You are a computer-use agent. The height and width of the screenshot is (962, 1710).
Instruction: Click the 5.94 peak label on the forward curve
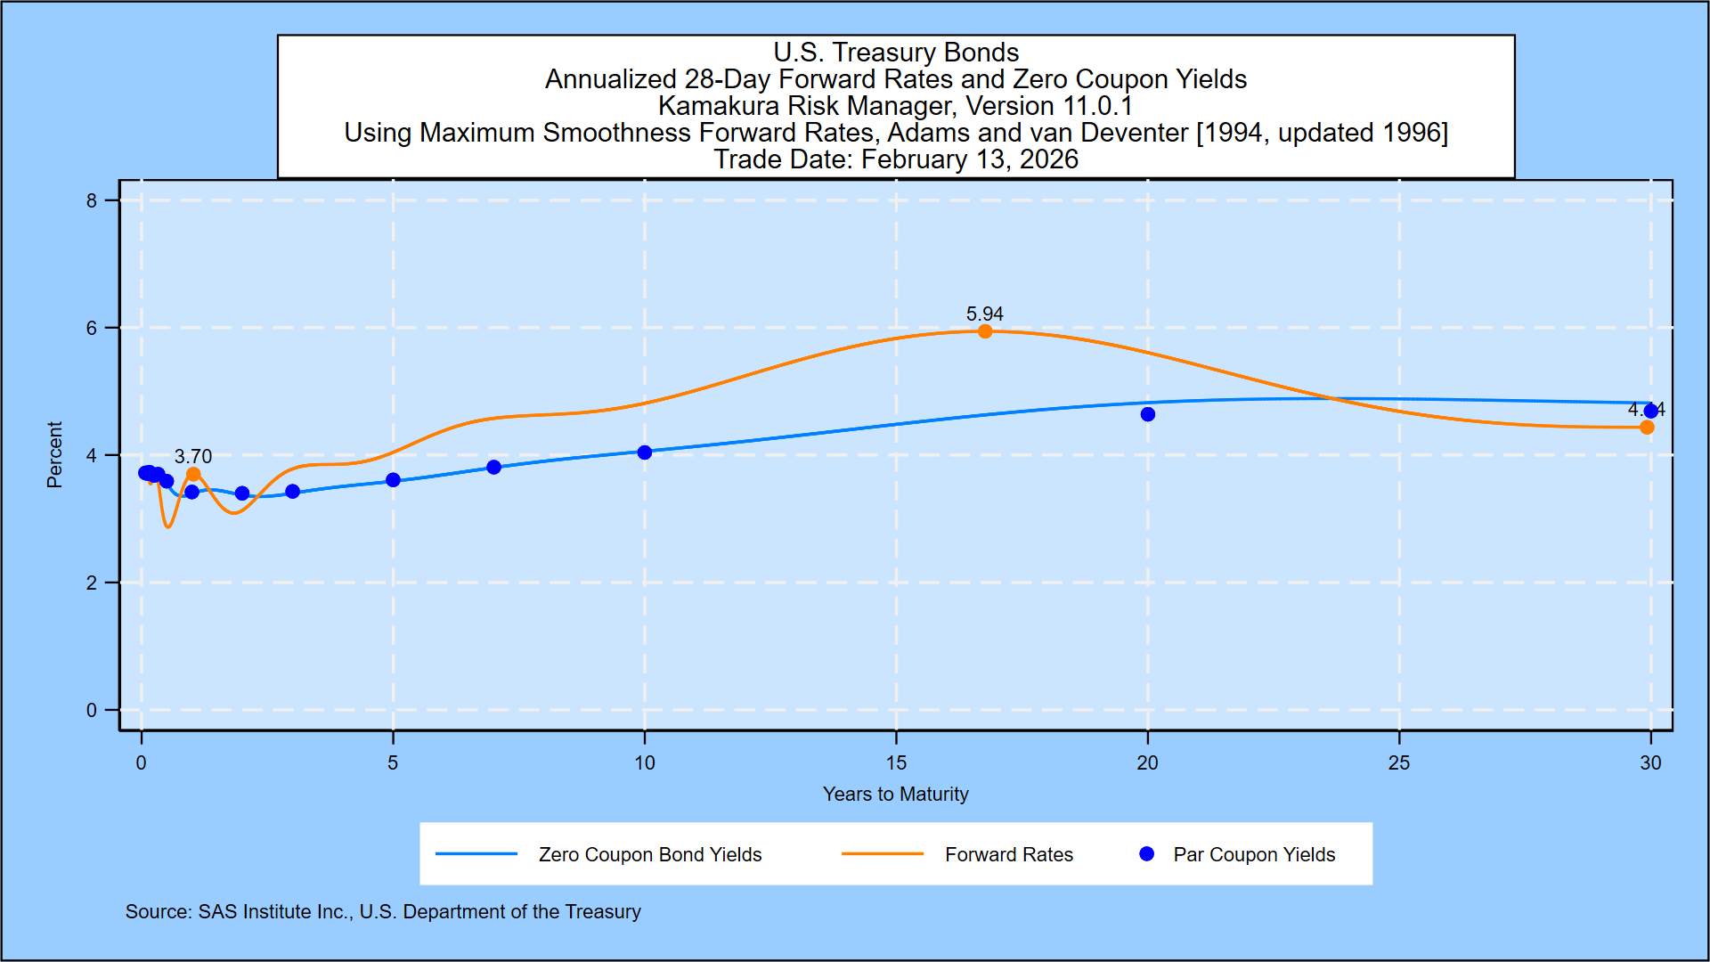click(x=984, y=314)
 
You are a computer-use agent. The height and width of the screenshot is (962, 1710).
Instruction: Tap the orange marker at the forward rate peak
click(x=985, y=331)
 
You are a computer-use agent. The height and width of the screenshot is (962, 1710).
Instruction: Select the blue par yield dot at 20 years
click(x=1148, y=414)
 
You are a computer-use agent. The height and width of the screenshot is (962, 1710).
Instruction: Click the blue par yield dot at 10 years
click(x=645, y=452)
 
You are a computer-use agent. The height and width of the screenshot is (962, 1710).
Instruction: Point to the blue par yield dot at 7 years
click(x=494, y=468)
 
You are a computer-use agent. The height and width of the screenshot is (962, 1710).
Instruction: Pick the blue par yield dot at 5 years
click(x=394, y=480)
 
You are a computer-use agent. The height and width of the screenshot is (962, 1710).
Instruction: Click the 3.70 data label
click(x=193, y=456)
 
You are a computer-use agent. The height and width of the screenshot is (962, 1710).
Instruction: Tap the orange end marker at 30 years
click(x=1647, y=428)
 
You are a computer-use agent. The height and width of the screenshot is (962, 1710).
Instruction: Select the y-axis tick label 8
click(x=92, y=201)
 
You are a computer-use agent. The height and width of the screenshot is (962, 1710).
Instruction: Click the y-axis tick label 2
click(x=92, y=583)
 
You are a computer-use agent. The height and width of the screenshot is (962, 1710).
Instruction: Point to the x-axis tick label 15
click(x=896, y=763)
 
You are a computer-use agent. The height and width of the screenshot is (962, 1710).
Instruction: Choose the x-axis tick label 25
click(x=1399, y=763)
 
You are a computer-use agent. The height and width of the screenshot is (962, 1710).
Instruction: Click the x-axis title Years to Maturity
click(x=895, y=795)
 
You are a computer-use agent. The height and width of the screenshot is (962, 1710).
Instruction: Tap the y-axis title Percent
click(x=54, y=455)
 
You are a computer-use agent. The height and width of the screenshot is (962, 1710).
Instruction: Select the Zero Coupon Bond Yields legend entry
click(x=650, y=855)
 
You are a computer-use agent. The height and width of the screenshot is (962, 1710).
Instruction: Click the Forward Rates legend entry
click(x=1008, y=855)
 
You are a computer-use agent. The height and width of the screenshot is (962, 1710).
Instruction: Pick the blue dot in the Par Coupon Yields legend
click(x=1147, y=854)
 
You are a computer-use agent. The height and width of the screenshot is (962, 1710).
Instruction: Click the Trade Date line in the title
click(x=896, y=159)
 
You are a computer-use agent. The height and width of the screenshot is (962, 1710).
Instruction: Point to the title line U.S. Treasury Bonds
click(x=896, y=53)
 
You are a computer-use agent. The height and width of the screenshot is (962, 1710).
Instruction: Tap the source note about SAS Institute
click(x=383, y=912)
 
